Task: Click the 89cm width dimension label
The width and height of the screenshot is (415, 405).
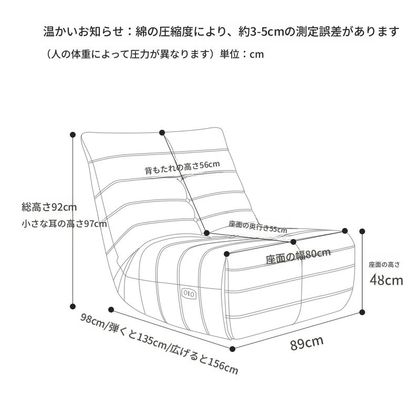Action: tap(306, 343)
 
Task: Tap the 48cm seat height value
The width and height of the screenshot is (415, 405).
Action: tap(386, 279)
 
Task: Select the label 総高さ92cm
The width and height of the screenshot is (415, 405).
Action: tap(49, 206)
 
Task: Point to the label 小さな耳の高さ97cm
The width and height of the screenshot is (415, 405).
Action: tap(64, 224)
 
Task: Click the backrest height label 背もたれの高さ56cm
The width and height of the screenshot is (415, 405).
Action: tap(182, 168)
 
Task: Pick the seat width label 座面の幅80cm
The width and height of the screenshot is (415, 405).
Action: tap(297, 256)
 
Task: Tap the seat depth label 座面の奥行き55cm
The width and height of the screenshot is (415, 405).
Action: tap(257, 226)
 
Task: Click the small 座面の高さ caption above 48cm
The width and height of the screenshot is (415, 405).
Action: tap(384, 264)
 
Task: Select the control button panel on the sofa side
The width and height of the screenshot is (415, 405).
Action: tap(188, 293)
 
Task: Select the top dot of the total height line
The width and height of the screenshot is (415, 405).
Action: tap(73, 134)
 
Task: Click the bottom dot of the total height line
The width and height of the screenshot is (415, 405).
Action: tap(73, 305)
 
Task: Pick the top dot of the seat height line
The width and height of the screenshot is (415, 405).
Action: tap(362, 231)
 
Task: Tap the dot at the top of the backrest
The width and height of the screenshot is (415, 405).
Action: tap(162, 133)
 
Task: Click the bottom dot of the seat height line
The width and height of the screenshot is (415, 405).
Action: tap(362, 312)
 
